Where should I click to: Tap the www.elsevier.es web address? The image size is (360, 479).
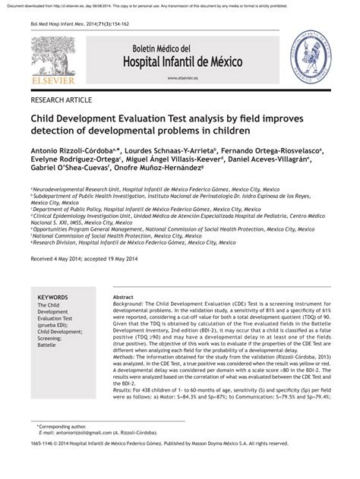click(182, 78)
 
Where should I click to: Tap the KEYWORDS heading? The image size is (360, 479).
click(52, 298)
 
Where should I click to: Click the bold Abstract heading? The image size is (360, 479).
click(123, 298)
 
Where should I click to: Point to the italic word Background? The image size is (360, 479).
click(128, 305)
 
